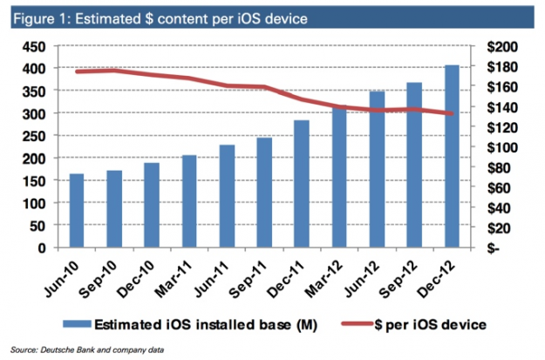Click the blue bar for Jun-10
coord(77,210)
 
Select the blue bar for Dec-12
coord(453,157)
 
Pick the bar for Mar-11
coord(189,201)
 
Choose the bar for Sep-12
coord(414,166)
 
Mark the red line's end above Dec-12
coord(453,113)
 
